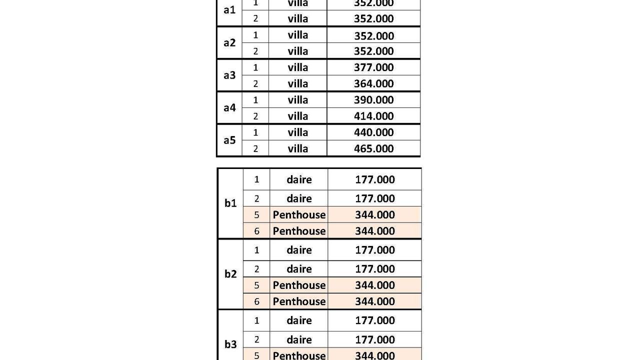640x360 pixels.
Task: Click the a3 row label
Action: (x=229, y=75)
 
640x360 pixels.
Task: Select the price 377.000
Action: (x=373, y=67)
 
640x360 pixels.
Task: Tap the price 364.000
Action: (x=373, y=83)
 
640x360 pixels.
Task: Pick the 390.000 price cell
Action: (x=373, y=100)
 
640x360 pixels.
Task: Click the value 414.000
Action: (x=373, y=116)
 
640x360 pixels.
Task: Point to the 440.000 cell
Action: (x=373, y=132)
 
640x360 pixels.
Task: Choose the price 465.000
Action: (x=373, y=148)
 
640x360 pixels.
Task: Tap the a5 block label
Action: (x=229, y=140)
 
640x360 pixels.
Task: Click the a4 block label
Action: (x=229, y=108)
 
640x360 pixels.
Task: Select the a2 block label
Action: (x=229, y=43)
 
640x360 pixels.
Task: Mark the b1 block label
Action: (x=230, y=203)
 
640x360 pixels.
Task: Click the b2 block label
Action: (x=230, y=274)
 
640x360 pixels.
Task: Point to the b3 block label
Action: (x=230, y=344)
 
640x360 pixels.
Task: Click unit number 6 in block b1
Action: (x=257, y=231)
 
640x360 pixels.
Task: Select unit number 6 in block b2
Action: (x=257, y=301)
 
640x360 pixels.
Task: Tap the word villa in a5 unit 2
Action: (x=298, y=148)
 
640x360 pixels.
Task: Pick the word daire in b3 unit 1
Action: (x=299, y=320)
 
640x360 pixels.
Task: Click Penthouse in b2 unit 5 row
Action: (x=299, y=285)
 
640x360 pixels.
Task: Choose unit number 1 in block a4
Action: (x=255, y=100)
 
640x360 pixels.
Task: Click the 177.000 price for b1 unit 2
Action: (x=375, y=198)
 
